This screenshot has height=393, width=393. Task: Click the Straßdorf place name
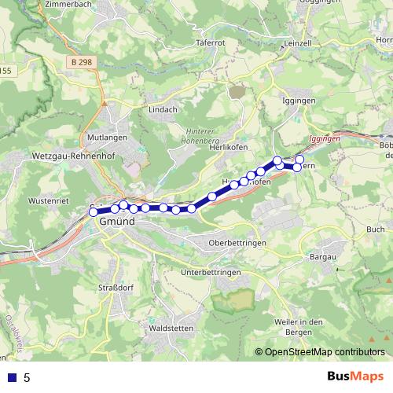116,287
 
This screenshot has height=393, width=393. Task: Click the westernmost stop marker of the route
94,211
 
